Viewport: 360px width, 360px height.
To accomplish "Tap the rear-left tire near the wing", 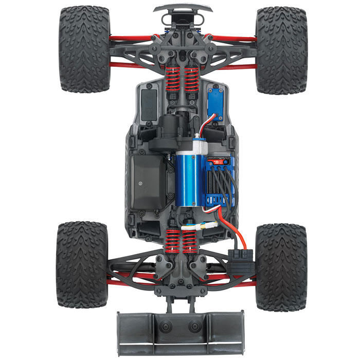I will pos(82,264).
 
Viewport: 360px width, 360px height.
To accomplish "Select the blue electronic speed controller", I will pos(218,177).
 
